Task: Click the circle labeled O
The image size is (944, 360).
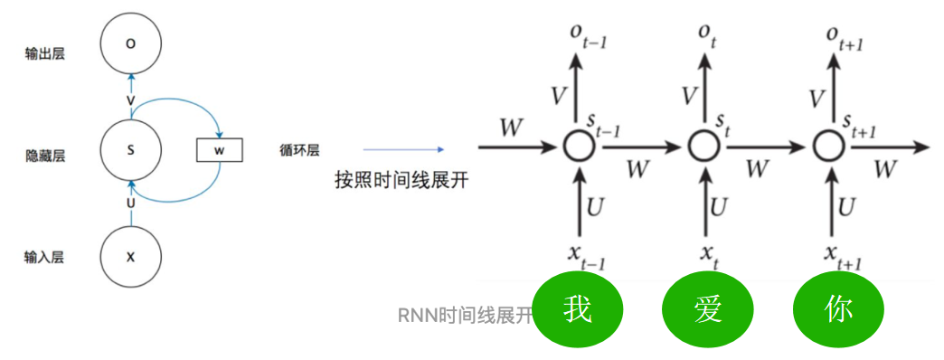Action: tap(130, 43)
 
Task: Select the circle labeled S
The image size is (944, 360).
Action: tap(130, 150)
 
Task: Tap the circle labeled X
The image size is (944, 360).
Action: tap(130, 257)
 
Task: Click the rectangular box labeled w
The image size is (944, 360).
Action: tap(220, 150)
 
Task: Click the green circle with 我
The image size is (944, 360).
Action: tap(578, 309)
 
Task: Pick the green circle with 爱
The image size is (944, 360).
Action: tap(708, 309)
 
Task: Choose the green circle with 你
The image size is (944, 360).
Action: tap(838, 309)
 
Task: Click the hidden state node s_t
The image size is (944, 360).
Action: tap(701, 145)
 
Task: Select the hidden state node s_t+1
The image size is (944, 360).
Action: tap(826, 145)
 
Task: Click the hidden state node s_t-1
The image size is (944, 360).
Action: tap(576, 145)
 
